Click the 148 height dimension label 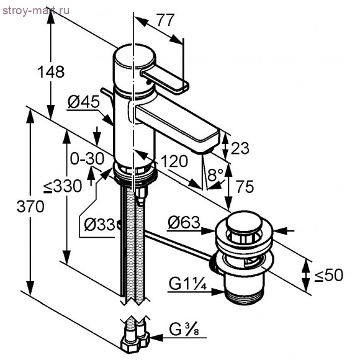click(x=50, y=71)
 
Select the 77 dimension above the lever click(x=164, y=20)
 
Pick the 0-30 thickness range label click(x=86, y=158)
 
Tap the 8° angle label click(x=215, y=176)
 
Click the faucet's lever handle click(x=165, y=80)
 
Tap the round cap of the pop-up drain click(x=243, y=222)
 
